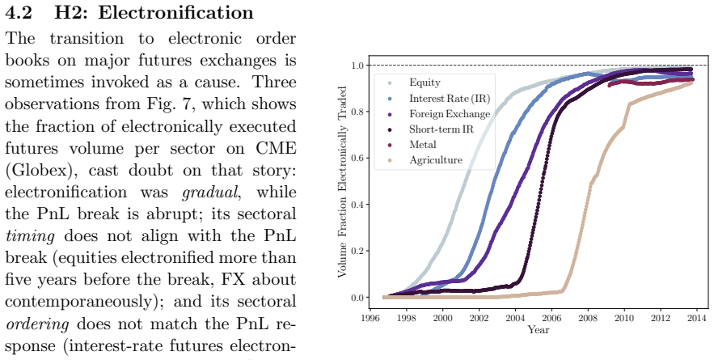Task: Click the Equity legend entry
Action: click(x=425, y=83)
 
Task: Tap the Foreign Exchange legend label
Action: click(x=450, y=114)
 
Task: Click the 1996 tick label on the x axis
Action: click(x=370, y=317)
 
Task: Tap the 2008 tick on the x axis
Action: click(x=588, y=317)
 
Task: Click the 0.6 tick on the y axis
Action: click(x=357, y=158)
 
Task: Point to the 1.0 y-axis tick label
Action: click(x=357, y=66)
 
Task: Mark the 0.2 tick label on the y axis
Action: click(x=357, y=251)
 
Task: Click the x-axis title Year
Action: click(x=539, y=329)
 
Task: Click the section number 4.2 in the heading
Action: click(x=19, y=12)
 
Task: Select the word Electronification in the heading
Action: click(x=175, y=12)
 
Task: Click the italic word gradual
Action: click(x=211, y=193)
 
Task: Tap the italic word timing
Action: click(x=30, y=236)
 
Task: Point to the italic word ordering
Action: click(x=37, y=324)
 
